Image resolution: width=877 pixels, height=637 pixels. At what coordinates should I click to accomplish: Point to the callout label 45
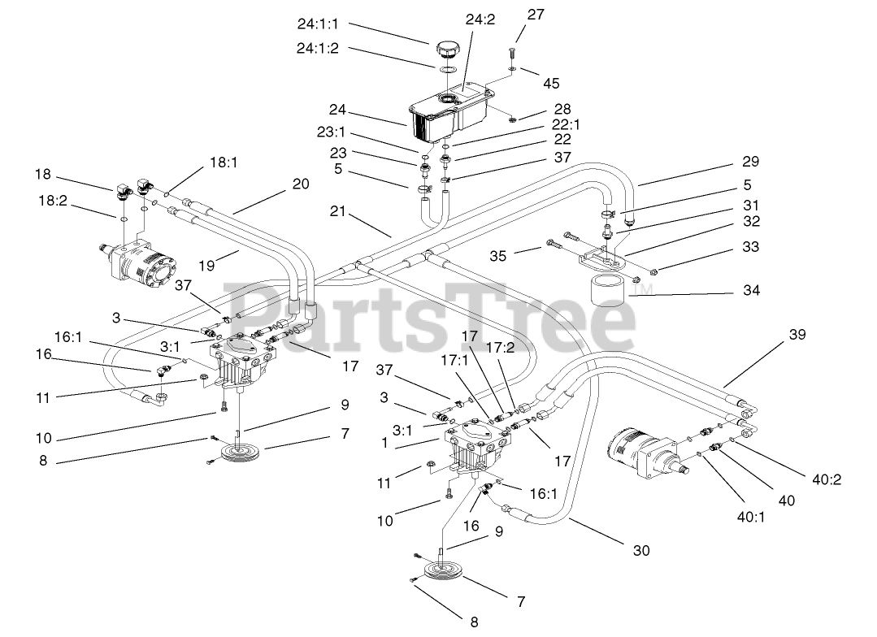(x=551, y=83)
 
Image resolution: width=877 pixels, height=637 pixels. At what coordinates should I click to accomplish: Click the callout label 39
(x=798, y=335)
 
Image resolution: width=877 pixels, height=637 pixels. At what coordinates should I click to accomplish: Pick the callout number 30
(x=640, y=551)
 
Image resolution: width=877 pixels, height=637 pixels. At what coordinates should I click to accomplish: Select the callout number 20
(x=301, y=184)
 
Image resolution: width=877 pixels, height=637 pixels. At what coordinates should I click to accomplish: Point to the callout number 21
(x=338, y=211)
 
